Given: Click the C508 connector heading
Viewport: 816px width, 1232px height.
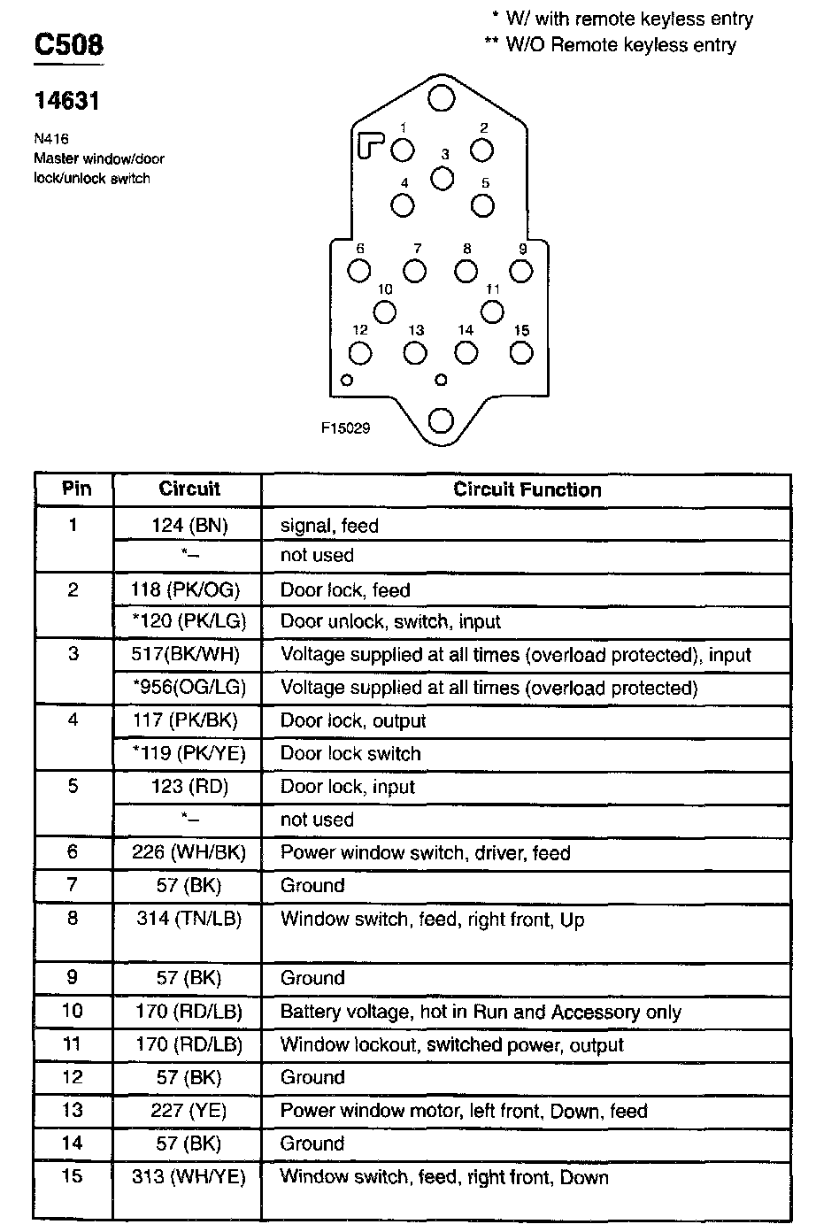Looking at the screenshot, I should pyautogui.click(x=68, y=45).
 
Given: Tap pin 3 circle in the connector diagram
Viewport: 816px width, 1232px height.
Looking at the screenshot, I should pyautogui.click(x=442, y=178).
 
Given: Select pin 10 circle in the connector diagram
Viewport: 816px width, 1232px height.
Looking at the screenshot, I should pyautogui.click(x=384, y=312).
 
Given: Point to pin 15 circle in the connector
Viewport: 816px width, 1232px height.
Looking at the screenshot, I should pyautogui.click(x=521, y=352).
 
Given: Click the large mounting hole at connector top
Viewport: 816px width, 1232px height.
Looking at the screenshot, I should pyautogui.click(x=441, y=97).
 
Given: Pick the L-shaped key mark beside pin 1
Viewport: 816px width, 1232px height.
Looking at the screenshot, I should pyautogui.click(x=371, y=144).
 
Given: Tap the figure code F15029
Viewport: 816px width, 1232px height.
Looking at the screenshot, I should pyautogui.click(x=345, y=428).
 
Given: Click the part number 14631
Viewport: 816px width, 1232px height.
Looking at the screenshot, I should pyautogui.click(x=66, y=102).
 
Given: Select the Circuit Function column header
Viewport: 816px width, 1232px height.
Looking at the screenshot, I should pyautogui.click(x=527, y=489).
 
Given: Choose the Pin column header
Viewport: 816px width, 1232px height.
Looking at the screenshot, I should pyautogui.click(x=76, y=489).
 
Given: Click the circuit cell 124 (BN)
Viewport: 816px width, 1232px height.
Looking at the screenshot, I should pyautogui.click(x=189, y=526).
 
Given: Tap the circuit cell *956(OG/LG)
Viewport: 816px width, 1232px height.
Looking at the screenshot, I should pyautogui.click(x=189, y=688).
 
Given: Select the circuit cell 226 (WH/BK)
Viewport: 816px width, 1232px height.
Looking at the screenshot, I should pyautogui.click(x=189, y=853).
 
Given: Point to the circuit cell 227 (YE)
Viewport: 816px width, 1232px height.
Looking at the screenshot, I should pyautogui.click(x=189, y=1111).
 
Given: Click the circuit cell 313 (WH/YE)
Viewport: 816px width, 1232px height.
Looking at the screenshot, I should pyautogui.click(x=189, y=1177).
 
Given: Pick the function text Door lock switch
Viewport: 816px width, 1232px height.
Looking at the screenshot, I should pyautogui.click(x=350, y=754).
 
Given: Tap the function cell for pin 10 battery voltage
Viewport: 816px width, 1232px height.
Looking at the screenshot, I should pyautogui.click(x=481, y=1012).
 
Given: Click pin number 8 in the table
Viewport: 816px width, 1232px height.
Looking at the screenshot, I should pyautogui.click(x=73, y=919).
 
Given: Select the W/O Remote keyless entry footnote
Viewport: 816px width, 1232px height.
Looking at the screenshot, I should pyautogui.click(x=611, y=44).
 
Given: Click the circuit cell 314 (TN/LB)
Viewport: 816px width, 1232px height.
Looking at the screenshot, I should pyautogui.click(x=189, y=919).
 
